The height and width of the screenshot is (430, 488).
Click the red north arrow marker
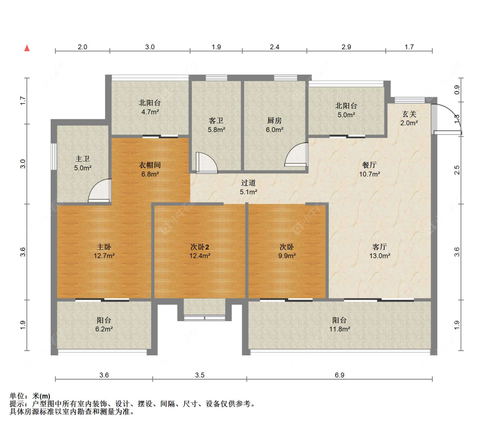pos(27,48)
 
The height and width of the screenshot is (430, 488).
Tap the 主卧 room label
pos(104,247)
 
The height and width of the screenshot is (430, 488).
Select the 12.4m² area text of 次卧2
pos(200,256)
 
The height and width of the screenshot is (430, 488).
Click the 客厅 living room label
pos(380,247)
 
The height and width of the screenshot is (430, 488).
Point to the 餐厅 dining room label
pos(370,165)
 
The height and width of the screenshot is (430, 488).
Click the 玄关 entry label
pos(409,114)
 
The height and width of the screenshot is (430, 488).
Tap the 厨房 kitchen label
pos(275,121)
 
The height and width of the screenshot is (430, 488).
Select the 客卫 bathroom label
pos(216,121)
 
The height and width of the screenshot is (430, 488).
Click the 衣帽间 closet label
pos(150,165)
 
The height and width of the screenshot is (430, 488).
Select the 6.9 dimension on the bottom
pos(340,375)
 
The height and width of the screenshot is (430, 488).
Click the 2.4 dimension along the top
pos(275,47)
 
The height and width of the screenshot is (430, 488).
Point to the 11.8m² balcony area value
pos(340,329)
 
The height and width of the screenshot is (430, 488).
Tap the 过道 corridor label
pos(249,183)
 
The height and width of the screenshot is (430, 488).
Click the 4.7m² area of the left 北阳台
pos(150,112)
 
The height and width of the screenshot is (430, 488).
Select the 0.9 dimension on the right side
pos(457,90)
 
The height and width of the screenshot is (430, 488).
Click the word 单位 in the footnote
pos(17,396)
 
